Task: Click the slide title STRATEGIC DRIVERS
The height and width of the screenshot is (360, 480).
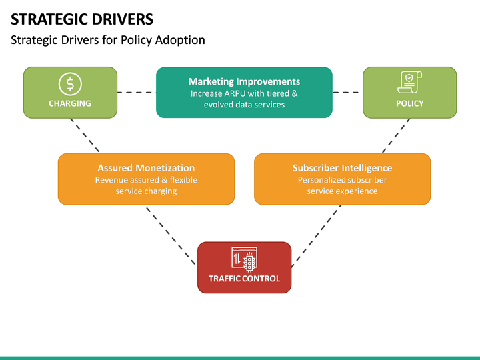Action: (81, 19)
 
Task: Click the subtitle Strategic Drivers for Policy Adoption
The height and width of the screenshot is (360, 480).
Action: (108, 40)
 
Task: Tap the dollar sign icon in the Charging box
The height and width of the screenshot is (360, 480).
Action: (70, 84)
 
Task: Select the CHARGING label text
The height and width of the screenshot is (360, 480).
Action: (70, 103)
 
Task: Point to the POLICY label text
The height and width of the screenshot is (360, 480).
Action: (409, 103)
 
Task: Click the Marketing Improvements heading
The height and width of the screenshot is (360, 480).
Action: (244, 81)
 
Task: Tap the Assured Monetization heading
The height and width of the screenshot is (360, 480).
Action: (146, 168)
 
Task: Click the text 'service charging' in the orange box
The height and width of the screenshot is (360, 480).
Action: (146, 191)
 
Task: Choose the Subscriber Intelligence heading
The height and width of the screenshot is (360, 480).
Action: (342, 168)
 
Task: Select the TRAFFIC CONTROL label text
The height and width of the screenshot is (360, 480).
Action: (244, 279)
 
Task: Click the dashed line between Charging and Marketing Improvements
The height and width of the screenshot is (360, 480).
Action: (137, 93)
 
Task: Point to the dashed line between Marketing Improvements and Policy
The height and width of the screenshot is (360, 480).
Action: (347, 93)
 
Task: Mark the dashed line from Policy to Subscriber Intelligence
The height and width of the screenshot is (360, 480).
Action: (396, 136)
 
